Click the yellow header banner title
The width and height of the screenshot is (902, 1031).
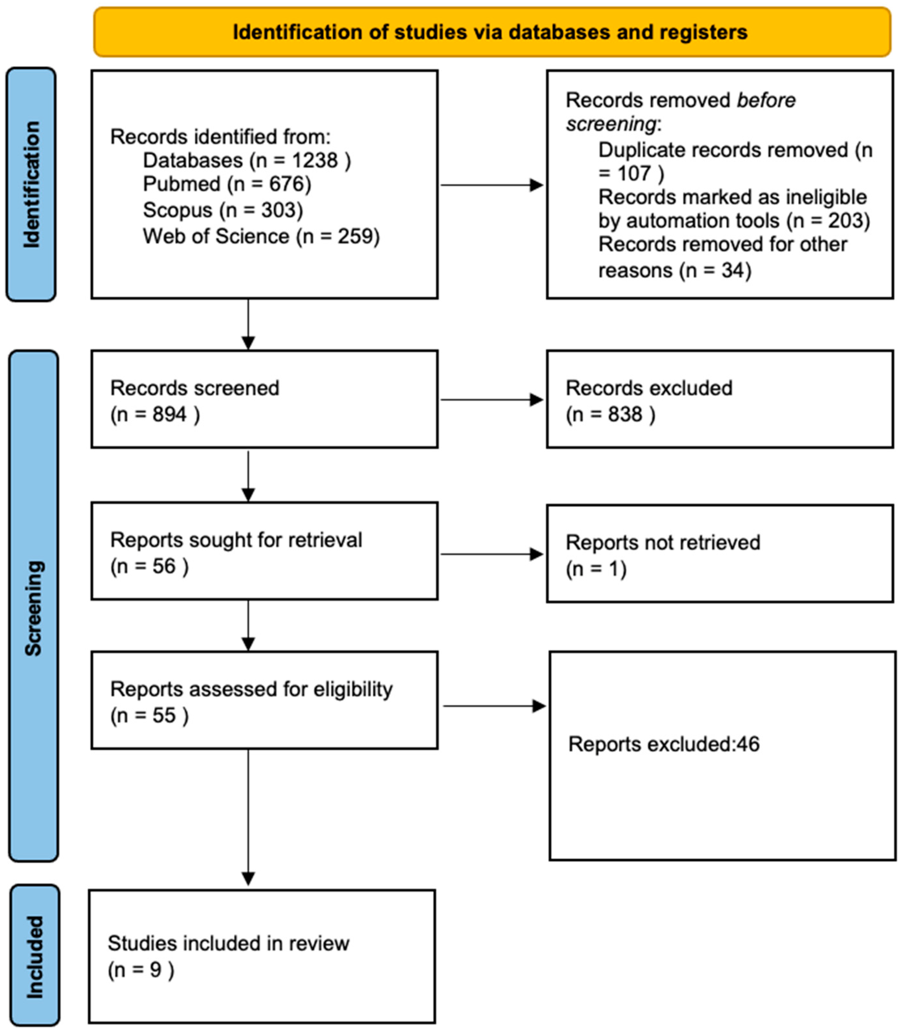pos(490,32)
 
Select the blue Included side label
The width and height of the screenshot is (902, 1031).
pos(35,957)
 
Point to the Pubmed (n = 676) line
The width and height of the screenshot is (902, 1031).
pos(227,184)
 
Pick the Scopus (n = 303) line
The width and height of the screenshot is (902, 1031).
pos(223,210)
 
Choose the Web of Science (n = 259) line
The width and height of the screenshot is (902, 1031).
pos(261,236)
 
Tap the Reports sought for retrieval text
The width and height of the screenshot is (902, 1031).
pos(236,540)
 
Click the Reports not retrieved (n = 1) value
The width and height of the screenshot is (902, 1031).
pos(596,569)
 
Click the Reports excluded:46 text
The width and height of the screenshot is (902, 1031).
pos(664,744)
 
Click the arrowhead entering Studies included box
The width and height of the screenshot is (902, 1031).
pos(248,879)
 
